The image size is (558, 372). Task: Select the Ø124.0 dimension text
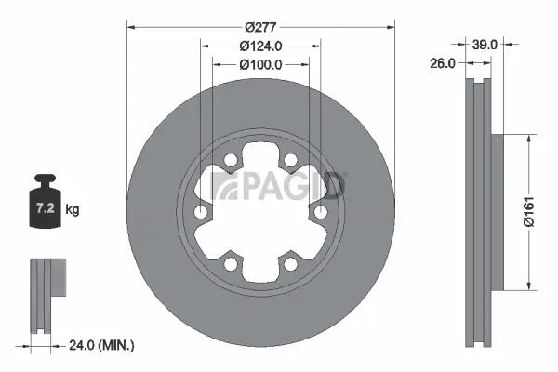click(x=260, y=46)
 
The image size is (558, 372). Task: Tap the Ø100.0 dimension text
click(x=260, y=64)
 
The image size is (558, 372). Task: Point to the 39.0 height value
click(x=485, y=44)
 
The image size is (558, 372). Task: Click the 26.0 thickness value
click(x=445, y=64)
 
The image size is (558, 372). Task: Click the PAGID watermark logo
click(x=278, y=184)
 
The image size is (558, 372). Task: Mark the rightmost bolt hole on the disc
click(x=321, y=213)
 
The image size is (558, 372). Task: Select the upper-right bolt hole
click(x=291, y=161)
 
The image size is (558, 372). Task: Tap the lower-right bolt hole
click(x=291, y=265)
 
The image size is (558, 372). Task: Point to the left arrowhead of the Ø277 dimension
click(x=130, y=25)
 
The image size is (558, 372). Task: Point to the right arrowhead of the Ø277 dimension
click(x=392, y=25)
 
